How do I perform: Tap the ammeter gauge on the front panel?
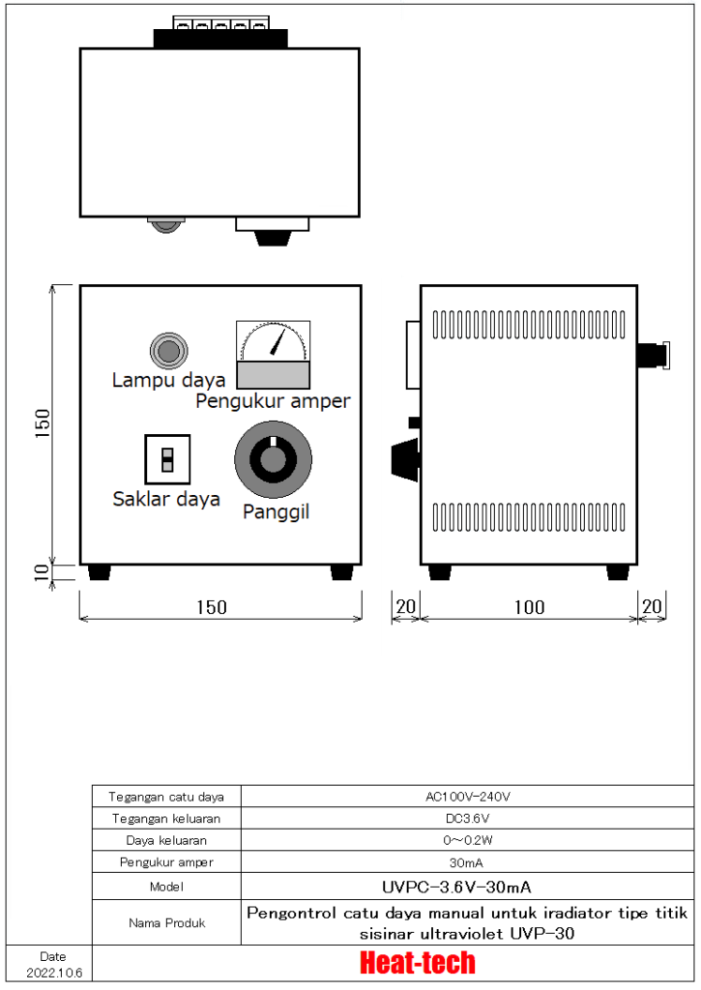(x=274, y=355)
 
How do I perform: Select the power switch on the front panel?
(x=167, y=459)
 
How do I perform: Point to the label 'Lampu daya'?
(x=168, y=380)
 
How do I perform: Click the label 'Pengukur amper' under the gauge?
(x=273, y=401)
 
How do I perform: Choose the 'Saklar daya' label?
(x=166, y=499)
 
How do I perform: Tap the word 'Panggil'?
(x=276, y=511)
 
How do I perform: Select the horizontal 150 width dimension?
(x=211, y=607)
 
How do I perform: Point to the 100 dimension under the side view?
(x=528, y=607)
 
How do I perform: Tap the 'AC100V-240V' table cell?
(x=467, y=797)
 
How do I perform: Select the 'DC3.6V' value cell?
(x=467, y=818)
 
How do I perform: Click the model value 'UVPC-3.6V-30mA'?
(x=467, y=886)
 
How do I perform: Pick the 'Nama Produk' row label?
(x=166, y=922)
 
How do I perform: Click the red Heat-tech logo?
(x=417, y=963)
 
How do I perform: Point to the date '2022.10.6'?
(x=54, y=971)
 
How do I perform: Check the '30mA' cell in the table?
(x=467, y=861)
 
